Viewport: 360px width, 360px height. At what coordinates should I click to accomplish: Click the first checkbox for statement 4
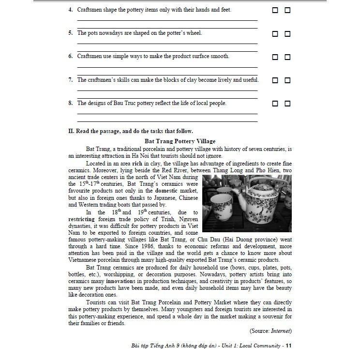tap(275, 10)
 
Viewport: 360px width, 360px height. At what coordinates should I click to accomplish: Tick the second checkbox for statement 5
tap(287, 34)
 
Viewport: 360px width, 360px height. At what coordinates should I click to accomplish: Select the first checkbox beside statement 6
tap(275, 57)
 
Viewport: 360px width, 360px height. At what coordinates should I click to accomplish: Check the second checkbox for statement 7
tap(287, 80)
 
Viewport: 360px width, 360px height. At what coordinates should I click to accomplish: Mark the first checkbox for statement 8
tap(275, 104)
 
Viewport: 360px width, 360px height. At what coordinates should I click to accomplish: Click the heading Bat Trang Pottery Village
tap(180, 141)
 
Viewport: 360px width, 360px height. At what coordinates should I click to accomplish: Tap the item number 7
tap(70, 80)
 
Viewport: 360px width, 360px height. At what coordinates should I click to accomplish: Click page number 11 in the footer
tap(289, 345)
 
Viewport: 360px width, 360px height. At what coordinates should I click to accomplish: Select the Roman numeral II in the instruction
tap(71, 131)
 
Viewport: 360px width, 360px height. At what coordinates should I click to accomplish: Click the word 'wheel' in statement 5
tap(193, 33)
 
